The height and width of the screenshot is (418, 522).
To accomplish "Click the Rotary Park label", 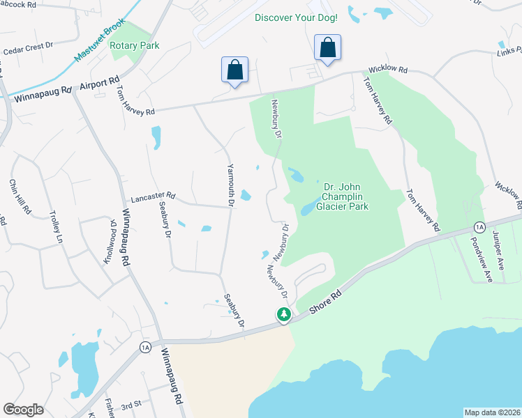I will (x=138, y=46).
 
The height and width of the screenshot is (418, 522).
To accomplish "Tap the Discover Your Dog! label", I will (x=296, y=17).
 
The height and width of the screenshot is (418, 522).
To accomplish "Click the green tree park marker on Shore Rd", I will (x=284, y=316).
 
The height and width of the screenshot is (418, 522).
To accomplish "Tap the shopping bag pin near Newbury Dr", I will (x=235, y=70).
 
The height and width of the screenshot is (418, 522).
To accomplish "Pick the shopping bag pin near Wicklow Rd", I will (x=327, y=48).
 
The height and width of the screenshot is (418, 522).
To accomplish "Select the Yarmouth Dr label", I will (x=230, y=185).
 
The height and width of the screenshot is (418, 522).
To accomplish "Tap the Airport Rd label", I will (x=100, y=83).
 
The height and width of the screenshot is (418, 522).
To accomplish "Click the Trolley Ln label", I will (x=55, y=227).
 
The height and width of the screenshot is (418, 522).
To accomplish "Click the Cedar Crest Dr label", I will (x=28, y=49).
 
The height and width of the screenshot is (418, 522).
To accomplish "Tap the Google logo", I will (x=23, y=410).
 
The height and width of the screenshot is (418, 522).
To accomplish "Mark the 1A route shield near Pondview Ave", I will (x=479, y=227).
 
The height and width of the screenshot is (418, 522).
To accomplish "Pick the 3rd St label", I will (x=131, y=404).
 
